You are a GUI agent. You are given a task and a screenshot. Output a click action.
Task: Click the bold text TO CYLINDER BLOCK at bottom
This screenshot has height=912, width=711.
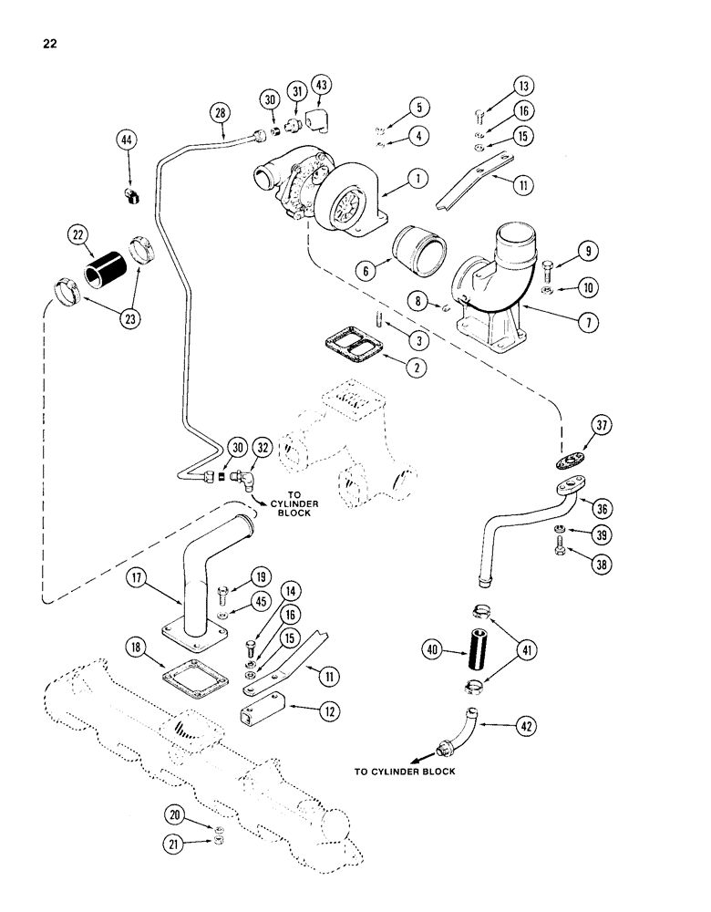(x=405, y=772)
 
